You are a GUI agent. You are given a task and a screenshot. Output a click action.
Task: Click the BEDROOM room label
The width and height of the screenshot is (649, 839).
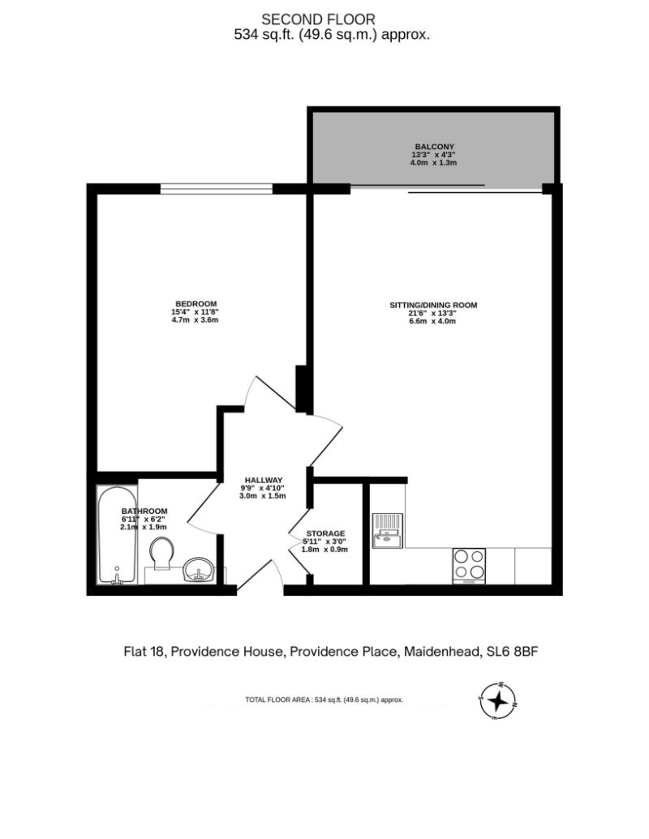pos(196,304)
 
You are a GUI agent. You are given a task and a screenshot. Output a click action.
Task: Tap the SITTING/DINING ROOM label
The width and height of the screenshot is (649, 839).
pos(433,306)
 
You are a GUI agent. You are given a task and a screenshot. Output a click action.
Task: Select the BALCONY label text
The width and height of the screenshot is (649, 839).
pos(434,147)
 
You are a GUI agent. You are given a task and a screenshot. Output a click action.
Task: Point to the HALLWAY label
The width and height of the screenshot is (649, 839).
pos(264,480)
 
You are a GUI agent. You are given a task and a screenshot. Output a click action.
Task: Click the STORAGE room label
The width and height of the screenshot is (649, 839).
pos(325,533)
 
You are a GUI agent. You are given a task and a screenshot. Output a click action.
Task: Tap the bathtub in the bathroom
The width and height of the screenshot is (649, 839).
pos(118,535)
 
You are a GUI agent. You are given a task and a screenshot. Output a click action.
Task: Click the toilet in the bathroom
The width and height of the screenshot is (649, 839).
pos(161,554)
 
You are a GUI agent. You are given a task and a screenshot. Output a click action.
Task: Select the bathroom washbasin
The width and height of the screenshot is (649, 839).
pos(199,570)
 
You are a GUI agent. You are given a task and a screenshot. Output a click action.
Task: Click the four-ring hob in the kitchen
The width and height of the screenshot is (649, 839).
pos(469,566)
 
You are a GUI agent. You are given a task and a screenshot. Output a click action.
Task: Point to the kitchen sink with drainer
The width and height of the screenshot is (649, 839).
pos(388,530)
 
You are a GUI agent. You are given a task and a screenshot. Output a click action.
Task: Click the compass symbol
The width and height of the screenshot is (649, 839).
pos(497,701)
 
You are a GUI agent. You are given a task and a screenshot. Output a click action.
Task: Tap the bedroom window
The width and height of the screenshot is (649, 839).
pos(217,188)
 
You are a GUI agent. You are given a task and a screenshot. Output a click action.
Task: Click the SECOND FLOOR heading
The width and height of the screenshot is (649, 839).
pos(318,19)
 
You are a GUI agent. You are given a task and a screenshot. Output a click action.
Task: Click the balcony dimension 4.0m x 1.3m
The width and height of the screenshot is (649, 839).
pos(434,163)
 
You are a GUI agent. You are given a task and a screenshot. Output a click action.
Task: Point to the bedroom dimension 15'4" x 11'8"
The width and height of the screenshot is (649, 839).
pos(196,312)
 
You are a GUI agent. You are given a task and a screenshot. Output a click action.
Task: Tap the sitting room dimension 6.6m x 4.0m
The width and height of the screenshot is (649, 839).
pos(432,322)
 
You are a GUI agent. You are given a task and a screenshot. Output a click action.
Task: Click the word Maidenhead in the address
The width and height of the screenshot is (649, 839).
pos(442,652)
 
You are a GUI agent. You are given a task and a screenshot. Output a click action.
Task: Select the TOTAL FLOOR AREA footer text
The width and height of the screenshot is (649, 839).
pos(324,700)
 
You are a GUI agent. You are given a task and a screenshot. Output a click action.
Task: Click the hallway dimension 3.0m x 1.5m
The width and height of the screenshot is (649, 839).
pos(262,496)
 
